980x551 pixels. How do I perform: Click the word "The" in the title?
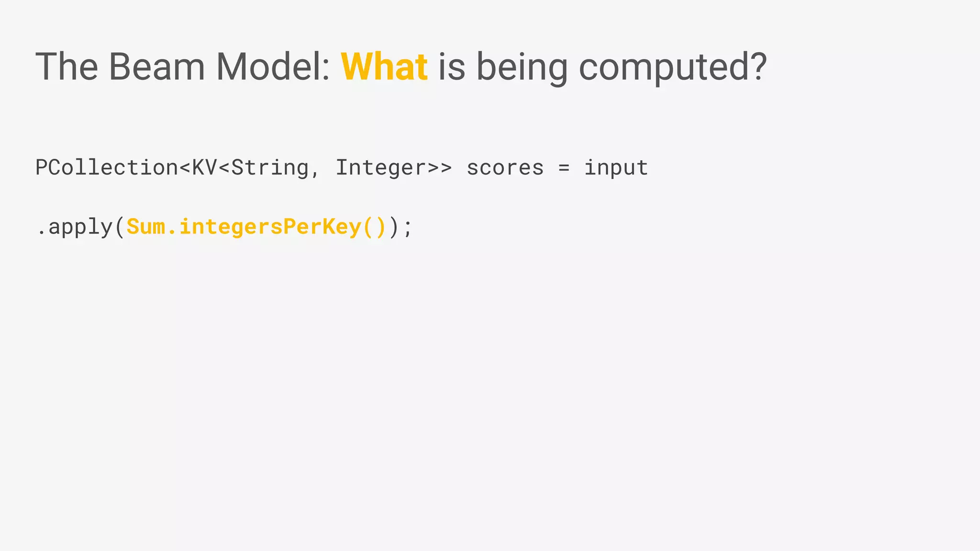pyautogui.click(x=67, y=66)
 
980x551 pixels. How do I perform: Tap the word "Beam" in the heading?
pyautogui.click(x=156, y=66)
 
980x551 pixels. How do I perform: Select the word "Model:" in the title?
pyautogui.click(x=273, y=66)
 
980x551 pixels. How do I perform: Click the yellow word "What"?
pyautogui.click(x=384, y=66)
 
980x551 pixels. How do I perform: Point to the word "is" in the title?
pyautogui.click(x=451, y=66)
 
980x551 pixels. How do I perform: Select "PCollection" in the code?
pyautogui.click(x=107, y=167)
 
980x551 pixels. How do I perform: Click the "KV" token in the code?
pyautogui.click(x=204, y=167)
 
